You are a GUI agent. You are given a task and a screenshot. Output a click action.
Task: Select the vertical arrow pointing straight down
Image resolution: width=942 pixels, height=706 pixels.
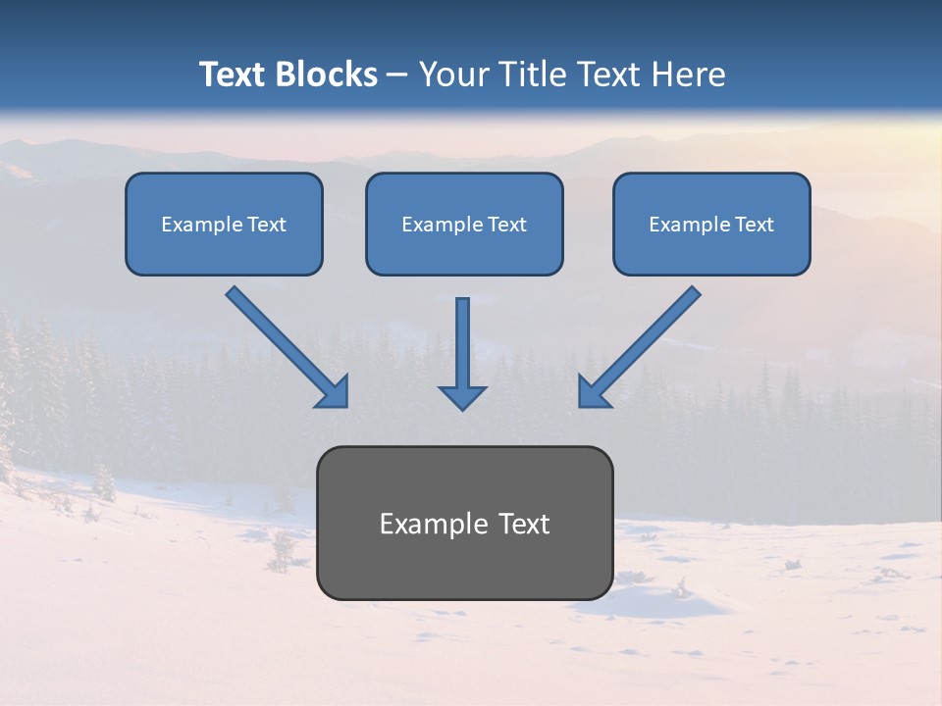[462, 343]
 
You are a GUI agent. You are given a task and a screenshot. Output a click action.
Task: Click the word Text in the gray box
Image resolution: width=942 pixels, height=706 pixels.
[522, 524]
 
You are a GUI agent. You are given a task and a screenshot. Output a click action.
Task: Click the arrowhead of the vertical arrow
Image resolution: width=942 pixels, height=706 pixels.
[462, 397]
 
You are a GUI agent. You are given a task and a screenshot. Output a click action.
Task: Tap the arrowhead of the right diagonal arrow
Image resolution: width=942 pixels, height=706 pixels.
[593, 392]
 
